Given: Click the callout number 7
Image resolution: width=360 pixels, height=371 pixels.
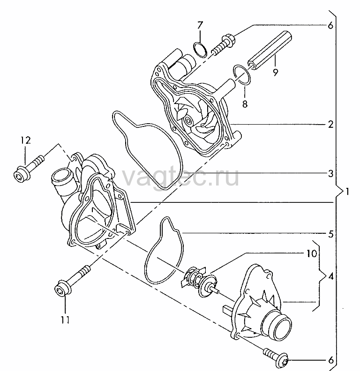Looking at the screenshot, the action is (200, 25).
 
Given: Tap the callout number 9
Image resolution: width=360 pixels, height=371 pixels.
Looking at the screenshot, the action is (275, 72).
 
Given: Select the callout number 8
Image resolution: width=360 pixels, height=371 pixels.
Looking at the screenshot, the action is (245, 104).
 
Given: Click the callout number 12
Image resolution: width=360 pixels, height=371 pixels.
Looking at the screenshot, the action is (26, 141).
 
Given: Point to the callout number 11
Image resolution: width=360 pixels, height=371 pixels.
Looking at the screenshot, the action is (65, 320).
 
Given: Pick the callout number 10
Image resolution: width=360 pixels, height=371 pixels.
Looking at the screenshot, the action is (312, 253).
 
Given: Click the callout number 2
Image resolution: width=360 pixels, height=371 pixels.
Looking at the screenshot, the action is (330, 124).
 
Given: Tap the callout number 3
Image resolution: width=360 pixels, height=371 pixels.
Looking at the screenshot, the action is (330, 174).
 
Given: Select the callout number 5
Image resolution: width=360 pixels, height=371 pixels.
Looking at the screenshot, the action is (331, 234).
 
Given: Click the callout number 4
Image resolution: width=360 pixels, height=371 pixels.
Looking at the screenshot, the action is (331, 276).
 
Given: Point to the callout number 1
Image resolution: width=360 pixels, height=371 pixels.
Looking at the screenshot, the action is (347, 191).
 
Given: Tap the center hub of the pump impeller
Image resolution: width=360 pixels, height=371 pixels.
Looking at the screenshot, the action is (189, 120).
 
